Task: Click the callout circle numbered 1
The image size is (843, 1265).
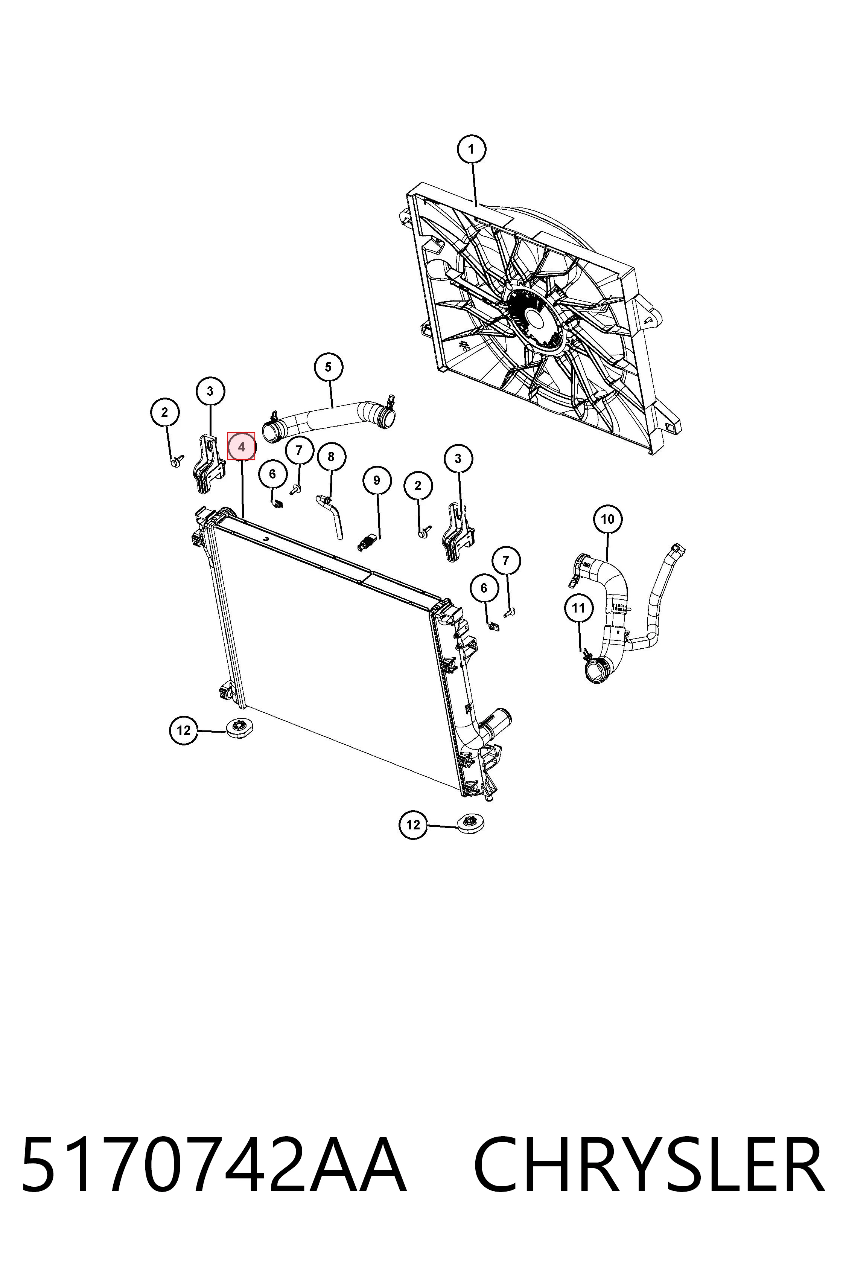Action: [x=472, y=149]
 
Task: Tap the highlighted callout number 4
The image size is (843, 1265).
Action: [x=241, y=447]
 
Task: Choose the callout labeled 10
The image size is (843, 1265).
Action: [x=607, y=519]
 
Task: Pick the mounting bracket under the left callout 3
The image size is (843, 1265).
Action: [x=207, y=463]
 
